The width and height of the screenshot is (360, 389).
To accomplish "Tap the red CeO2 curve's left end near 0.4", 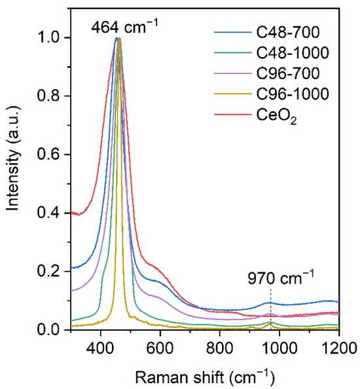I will click(73, 213).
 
